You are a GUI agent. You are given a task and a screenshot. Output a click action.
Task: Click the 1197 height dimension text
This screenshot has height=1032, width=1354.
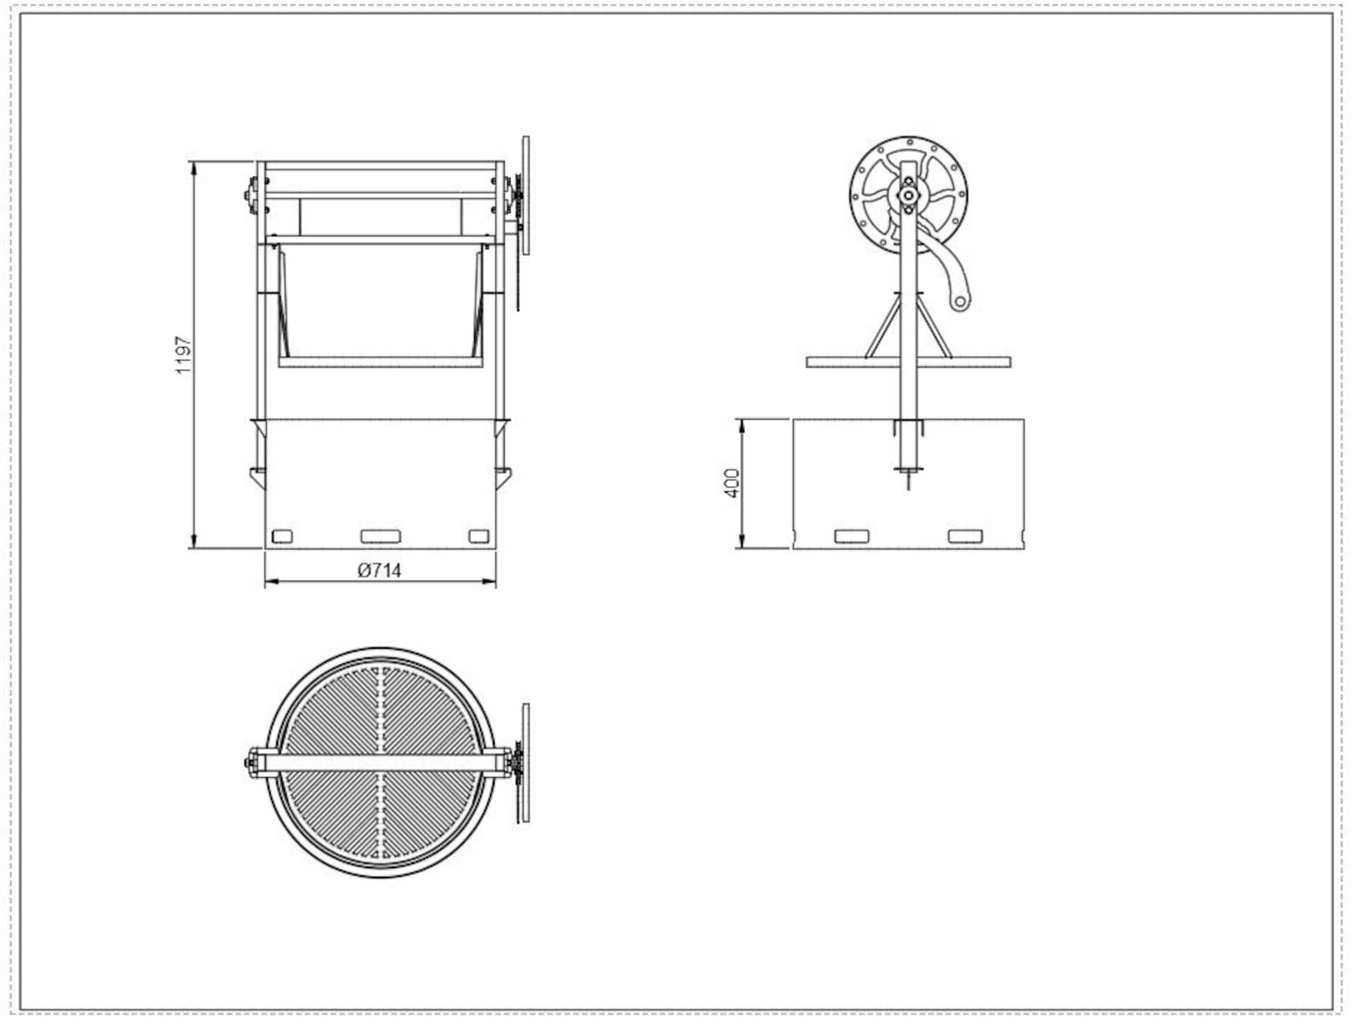pyautogui.click(x=183, y=356)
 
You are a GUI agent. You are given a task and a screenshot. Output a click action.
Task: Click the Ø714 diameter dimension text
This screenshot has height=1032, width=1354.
pyautogui.click(x=380, y=570)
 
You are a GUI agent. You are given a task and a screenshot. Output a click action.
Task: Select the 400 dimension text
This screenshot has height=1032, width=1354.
pyautogui.click(x=732, y=484)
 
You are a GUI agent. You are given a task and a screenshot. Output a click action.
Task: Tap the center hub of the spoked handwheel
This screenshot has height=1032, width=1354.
pyautogui.click(x=909, y=195)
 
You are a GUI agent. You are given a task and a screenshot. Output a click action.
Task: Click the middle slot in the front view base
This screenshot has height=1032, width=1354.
pyautogui.click(x=380, y=536)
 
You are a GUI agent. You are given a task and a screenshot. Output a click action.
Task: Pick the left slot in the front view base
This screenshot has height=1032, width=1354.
pyautogui.click(x=281, y=536)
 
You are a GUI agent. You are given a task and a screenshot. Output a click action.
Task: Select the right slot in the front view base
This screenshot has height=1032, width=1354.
pyautogui.click(x=478, y=536)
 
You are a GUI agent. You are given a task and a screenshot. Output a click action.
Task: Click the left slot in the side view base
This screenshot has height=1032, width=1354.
pyautogui.click(x=852, y=536)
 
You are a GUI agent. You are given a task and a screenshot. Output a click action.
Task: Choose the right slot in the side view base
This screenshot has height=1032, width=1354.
pyautogui.click(x=965, y=536)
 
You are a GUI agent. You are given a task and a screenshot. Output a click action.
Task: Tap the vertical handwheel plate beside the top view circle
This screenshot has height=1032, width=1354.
pyautogui.click(x=525, y=762)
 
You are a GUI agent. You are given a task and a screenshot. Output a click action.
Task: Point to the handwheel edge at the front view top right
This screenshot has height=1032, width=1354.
pyautogui.click(x=526, y=195)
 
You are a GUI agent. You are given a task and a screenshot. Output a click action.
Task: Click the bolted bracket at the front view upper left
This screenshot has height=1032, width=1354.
pyautogui.click(x=252, y=196)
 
